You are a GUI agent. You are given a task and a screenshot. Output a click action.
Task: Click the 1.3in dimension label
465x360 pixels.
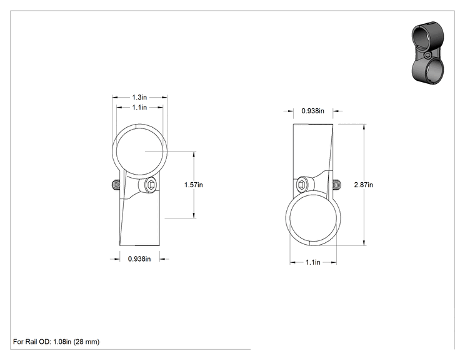click(139, 97)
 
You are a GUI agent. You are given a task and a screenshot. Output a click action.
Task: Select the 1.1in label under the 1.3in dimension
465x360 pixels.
click(139, 107)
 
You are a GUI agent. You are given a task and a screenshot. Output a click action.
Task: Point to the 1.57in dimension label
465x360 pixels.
click(194, 185)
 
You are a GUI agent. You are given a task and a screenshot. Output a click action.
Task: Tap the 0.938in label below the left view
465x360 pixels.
click(139, 259)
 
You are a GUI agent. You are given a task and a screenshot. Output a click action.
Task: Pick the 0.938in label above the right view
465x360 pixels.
click(313, 111)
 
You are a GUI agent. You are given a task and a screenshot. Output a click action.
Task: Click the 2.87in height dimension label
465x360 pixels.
click(364, 185)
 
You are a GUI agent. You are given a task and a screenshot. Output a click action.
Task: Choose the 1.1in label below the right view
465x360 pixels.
click(313, 262)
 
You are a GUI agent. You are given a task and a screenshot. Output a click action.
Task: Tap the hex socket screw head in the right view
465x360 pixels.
click(302, 185)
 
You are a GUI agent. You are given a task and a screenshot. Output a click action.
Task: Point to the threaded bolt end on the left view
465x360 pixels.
click(116, 185)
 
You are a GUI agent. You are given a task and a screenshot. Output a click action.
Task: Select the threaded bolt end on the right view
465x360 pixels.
click(337, 185)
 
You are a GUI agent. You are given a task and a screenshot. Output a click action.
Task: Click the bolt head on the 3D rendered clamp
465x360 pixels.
click(427, 55)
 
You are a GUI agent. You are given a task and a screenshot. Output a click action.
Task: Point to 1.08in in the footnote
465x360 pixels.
click(62, 342)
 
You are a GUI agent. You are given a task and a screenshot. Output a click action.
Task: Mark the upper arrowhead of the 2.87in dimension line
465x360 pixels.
click(364, 126)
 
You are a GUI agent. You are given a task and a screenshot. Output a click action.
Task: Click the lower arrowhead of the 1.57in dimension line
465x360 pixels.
click(194, 215)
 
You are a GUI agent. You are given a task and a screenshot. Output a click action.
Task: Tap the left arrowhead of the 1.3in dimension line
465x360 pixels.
click(115, 97)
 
